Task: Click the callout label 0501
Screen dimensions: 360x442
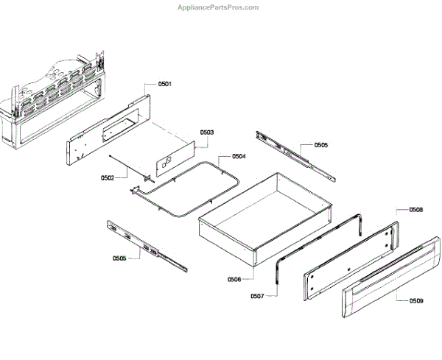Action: (x=164, y=85)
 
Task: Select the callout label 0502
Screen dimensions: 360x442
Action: (x=108, y=178)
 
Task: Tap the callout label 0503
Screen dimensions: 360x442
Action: (x=207, y=133)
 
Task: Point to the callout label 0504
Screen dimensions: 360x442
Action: (x=239, y=157)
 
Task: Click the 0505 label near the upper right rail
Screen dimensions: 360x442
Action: (x=321, y=146)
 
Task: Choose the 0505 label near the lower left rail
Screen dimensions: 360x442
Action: (x=119, y=258)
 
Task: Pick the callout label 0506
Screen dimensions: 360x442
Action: (x=234, y=279)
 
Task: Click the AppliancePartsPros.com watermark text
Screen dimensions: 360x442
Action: (x=219, y=7)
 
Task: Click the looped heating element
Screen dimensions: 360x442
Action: (x=184, y=188)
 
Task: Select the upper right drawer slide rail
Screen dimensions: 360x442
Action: (x=295, y=155)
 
